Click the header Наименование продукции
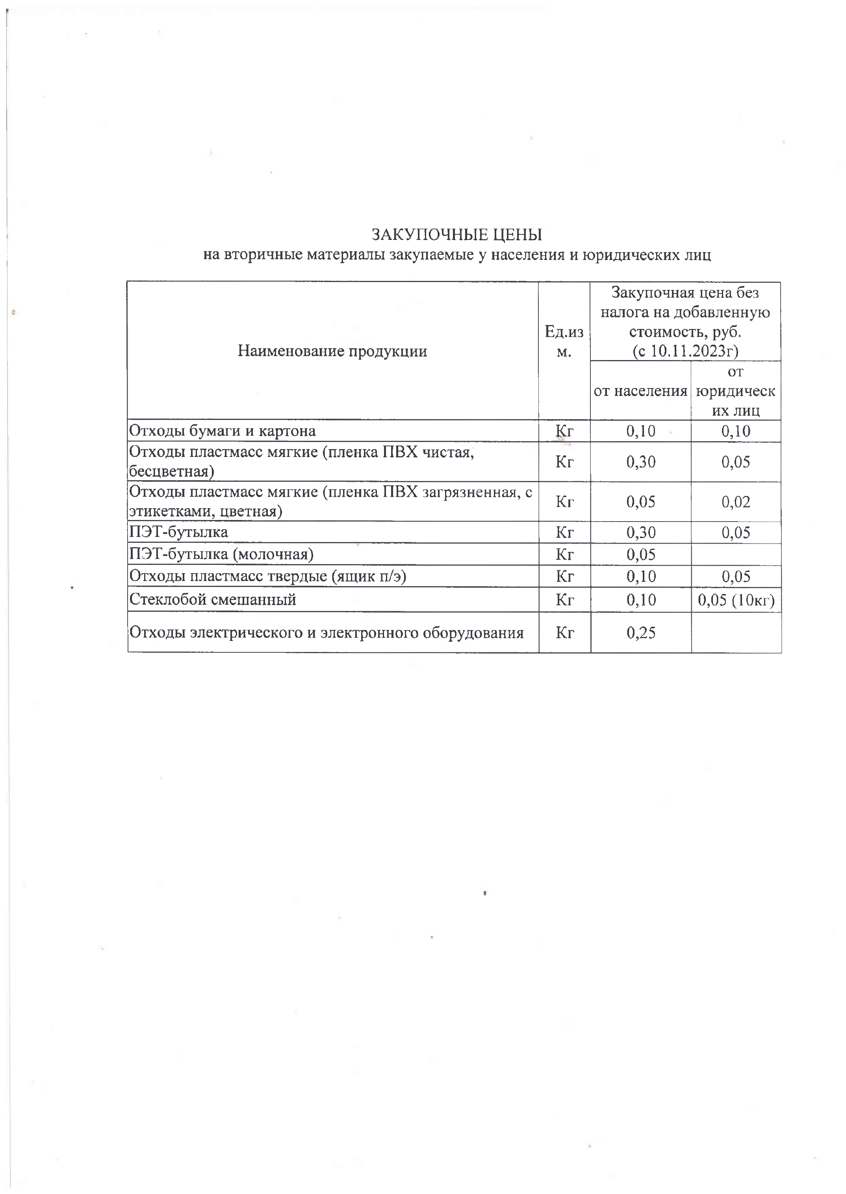tap(332, 351)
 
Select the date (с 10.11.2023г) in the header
tap(685, 351)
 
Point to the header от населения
tap(640, 391)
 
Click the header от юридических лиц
tap(736, 391)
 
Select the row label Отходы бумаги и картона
tap(223, 431)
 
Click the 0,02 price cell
tap(736, 501)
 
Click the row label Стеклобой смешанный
tap(213, 600)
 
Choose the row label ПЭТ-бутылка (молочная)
tap(221, 554)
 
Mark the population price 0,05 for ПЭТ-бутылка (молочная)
tap(641, 554)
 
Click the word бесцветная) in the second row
tap(171, 472)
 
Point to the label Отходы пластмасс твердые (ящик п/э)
tap(268, 576)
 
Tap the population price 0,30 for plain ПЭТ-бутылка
tap(641, 533)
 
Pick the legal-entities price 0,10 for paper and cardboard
tap(736, 431)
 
